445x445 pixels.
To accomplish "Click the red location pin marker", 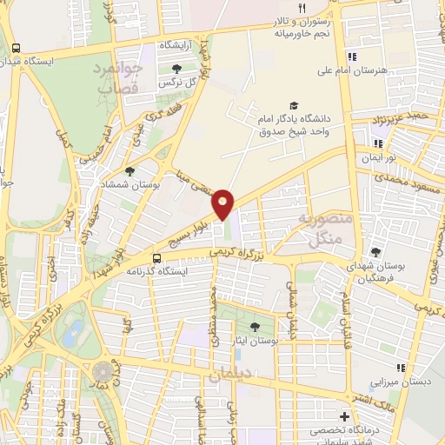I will [x=223, y=203].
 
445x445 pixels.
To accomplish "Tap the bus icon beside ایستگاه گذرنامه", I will [x=157, y=257].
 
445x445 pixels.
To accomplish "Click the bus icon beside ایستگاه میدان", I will [x=17, y=48].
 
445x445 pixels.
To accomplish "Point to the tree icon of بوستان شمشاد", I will [x=130, y=171].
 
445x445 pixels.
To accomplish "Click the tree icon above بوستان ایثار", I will [x=255, y=327].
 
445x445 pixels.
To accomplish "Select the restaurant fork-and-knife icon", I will [x=302, y=7].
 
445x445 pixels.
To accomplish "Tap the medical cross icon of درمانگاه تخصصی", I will [x=346, y=416].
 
